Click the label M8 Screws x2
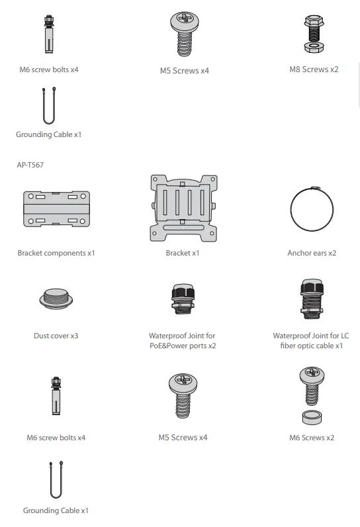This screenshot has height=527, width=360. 314,69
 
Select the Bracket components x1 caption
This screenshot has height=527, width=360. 56,253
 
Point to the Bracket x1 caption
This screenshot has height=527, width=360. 183,253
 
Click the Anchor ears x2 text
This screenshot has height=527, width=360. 312,253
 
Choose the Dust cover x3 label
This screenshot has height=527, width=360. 56,336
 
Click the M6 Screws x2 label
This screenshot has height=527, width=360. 312,438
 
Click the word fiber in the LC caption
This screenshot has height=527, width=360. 288,346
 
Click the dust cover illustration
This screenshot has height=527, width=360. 56,299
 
